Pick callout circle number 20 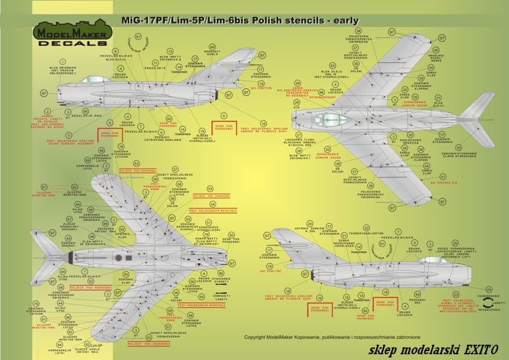click(310, 224)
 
